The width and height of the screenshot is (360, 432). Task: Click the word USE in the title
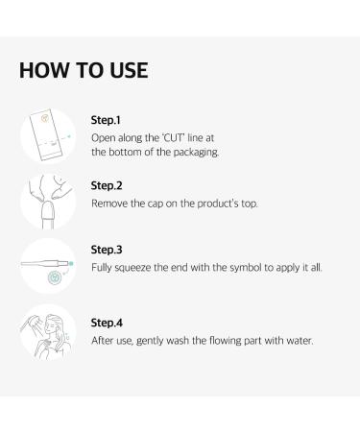(129, 70)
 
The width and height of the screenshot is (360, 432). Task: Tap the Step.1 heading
(106, 120)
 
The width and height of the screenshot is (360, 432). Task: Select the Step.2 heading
(107, 185)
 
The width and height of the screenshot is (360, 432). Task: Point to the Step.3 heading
(107, 250)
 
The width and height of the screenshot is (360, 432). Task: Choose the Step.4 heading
(107, 323)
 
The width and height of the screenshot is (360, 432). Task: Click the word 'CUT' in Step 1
(173, 138)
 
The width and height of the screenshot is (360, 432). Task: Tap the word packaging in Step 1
(196, 153)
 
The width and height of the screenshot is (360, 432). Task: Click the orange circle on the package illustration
(45, 118)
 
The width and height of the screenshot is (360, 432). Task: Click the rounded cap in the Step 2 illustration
(48, 210)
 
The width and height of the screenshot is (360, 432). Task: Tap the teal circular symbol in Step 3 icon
(55, 277)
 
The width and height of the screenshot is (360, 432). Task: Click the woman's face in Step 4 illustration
(51, 326)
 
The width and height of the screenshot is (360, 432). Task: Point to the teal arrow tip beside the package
(69, 137)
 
